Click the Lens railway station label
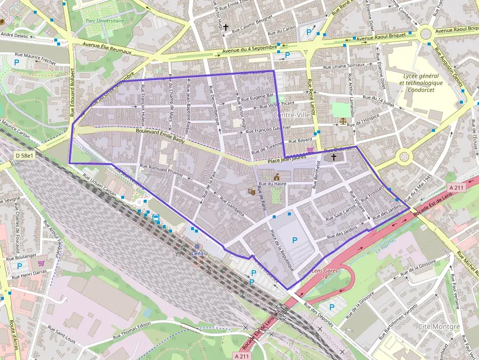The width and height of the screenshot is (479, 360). point(197,254)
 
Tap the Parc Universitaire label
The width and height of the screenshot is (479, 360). point(105,21)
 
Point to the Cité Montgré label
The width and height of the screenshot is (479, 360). point(439,326)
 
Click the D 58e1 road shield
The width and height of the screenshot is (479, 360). point(24,155)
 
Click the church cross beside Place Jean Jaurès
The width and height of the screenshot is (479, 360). point(334,157)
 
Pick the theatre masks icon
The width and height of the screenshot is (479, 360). point(252,192)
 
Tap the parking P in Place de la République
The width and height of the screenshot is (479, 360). point(294,240)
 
